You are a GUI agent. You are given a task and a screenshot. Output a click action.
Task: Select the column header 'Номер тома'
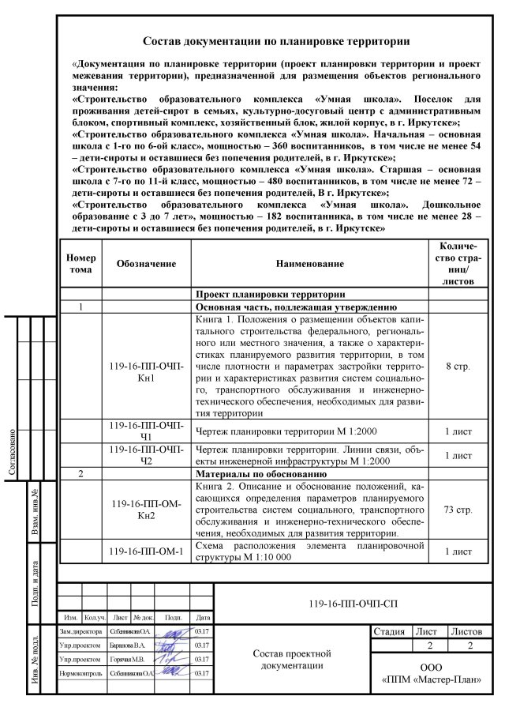[81, 263]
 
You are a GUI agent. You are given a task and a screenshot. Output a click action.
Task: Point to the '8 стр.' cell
[458, 367]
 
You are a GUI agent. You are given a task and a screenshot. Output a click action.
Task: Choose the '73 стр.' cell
[458, 510]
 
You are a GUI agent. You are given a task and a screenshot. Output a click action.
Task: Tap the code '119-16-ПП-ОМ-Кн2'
[145, 510]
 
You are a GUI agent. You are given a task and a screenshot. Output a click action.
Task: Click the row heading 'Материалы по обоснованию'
[249, 474]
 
